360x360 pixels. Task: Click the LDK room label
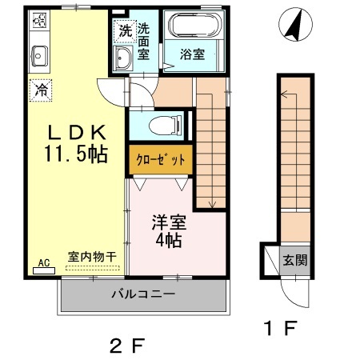point(78,131)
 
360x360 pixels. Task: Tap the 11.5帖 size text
point(78,153)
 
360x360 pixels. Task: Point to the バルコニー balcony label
point(142,294)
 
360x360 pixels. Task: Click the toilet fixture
point(163,125)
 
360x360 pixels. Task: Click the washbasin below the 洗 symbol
point(124,58)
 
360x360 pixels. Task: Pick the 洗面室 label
point(144,42)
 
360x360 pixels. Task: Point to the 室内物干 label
point(92,257)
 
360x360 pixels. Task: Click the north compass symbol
point(293,26)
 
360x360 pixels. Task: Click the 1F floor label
point(281,328)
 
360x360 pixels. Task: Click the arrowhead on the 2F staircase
point(213,206)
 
